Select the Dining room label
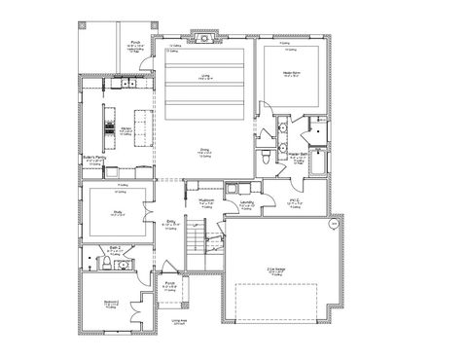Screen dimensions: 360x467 (x=204, y=151)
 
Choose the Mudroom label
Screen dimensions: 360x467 (x=205, y=202)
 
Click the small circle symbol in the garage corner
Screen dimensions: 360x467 (x=333, y=223)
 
